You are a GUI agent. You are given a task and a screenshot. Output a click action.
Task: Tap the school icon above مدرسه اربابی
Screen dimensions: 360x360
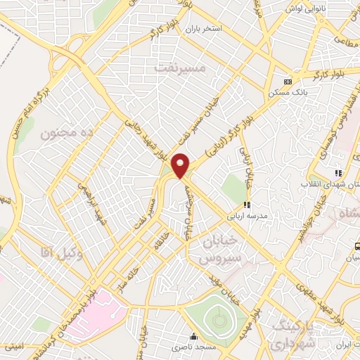247,205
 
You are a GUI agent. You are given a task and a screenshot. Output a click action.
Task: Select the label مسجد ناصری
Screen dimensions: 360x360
194,349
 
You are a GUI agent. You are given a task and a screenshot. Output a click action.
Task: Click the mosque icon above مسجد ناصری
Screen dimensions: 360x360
194,336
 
